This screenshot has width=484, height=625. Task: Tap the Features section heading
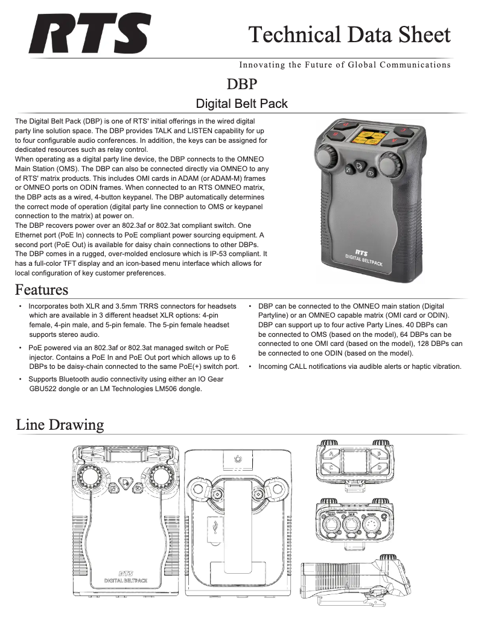(x=42, y=290)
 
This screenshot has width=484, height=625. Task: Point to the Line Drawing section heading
(x=60, y=425)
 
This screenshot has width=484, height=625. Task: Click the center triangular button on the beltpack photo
(x=360, y=166)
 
